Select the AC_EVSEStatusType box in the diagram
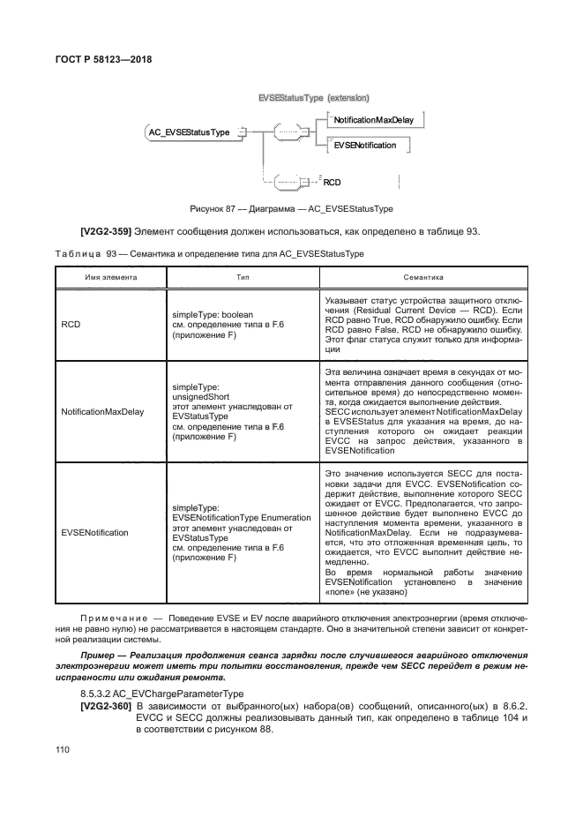(189, 131)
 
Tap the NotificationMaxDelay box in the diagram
(377, 118)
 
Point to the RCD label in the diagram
(332, 183)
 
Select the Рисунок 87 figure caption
(291, 209)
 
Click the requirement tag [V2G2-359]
(107, 231)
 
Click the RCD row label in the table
(71, 325)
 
